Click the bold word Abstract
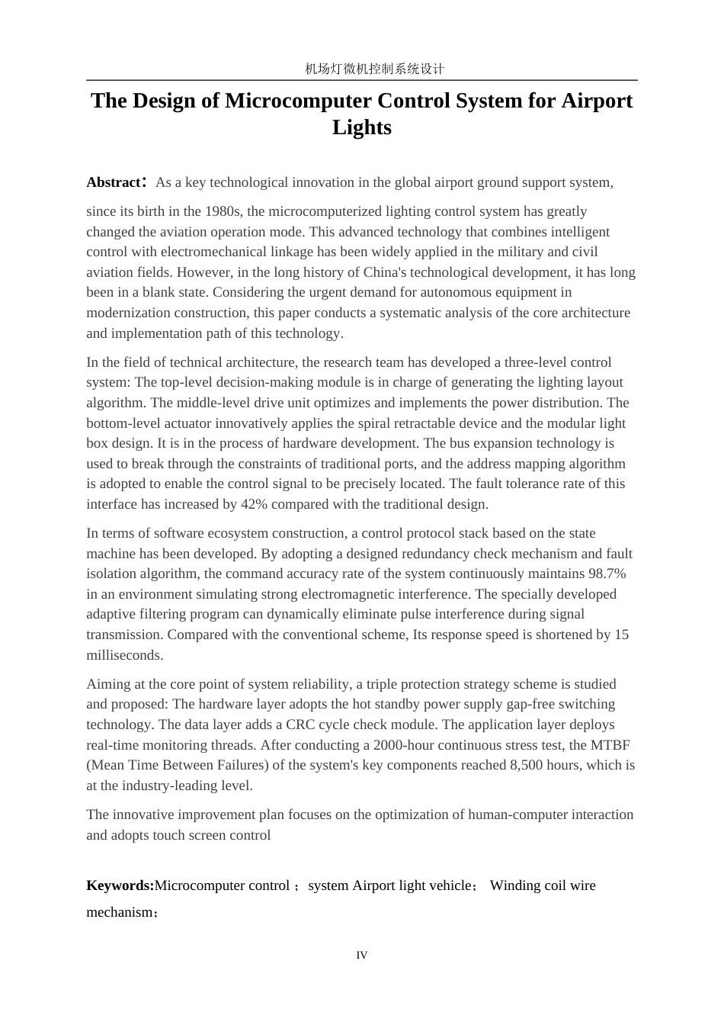(x=114, y=182)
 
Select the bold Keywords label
(x=120, y=885)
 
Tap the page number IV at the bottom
(x=362, y=956)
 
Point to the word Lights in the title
(x=362, y=127)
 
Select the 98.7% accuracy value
(x=607, y=574)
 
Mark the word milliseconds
(x=124, y=655)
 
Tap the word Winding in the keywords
(x=514, y=885)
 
